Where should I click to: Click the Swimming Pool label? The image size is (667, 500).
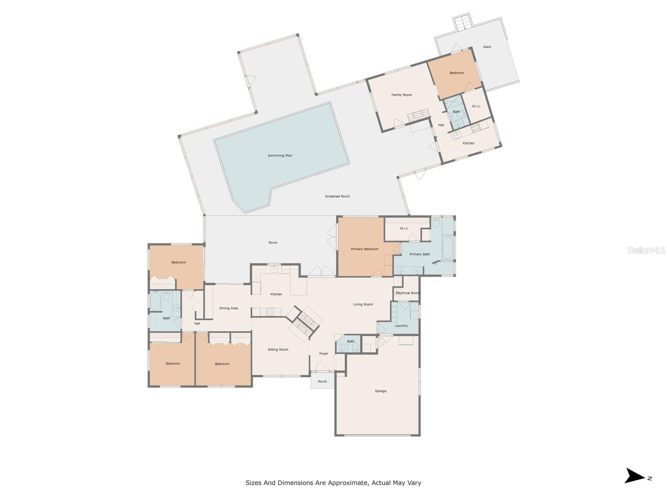tap(280, 155)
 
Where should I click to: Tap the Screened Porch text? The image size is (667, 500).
tap(337, 196)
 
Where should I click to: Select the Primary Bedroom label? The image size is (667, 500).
tap(364, 249)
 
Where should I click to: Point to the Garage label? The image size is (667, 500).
tap(381, 391)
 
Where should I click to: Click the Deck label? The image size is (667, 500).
tap(487, 47)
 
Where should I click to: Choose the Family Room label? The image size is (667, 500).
tap(401, 95)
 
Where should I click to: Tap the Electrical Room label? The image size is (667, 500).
tap(408, 293)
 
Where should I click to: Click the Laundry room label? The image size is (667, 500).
tap(401, 326)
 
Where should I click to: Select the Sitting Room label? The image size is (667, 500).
tap(278, 350)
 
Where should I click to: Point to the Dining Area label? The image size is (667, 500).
tap(228, 308)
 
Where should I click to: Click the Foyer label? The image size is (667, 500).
tap(323, 353)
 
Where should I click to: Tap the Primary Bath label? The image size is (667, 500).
tap(419, 254)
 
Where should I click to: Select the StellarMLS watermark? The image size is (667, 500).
tap(646, 250)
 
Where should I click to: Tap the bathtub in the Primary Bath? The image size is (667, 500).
tap(447, 248)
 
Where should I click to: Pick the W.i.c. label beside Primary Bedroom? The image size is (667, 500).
tap(404, 228)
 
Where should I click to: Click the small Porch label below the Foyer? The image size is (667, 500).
tap(322, 382)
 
